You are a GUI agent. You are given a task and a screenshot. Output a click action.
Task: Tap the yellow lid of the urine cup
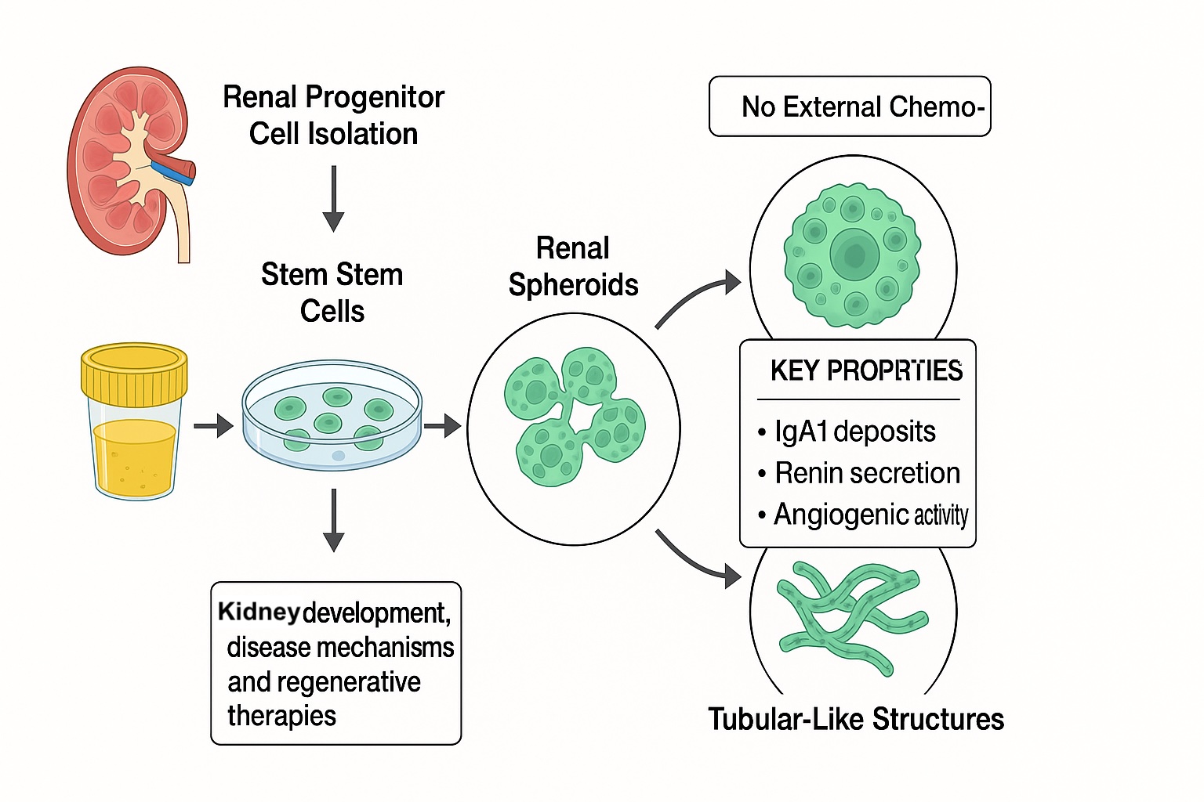pos(134,373)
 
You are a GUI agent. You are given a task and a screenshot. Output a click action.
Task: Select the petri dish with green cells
pos(332,415)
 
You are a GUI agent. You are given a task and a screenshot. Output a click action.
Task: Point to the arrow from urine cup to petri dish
pos(213,426)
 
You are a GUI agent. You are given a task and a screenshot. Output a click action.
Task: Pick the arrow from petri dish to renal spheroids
pos(442,426)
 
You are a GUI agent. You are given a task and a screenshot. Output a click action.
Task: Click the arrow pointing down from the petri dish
pos(334,520)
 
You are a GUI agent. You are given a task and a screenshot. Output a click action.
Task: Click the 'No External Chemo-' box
pos(850,107)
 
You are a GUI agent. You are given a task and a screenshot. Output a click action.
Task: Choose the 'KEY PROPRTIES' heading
pos(866,370)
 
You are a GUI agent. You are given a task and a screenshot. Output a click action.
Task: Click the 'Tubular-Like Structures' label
pos(856,719)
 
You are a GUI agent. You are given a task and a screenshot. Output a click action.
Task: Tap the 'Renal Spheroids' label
pos(573,266)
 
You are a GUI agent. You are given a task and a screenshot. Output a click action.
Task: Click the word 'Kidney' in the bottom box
pos(259,612)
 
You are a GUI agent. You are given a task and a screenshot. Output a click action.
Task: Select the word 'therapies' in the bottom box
pos(281,716)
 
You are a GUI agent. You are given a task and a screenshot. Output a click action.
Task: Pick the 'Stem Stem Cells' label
pos(332,293)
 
